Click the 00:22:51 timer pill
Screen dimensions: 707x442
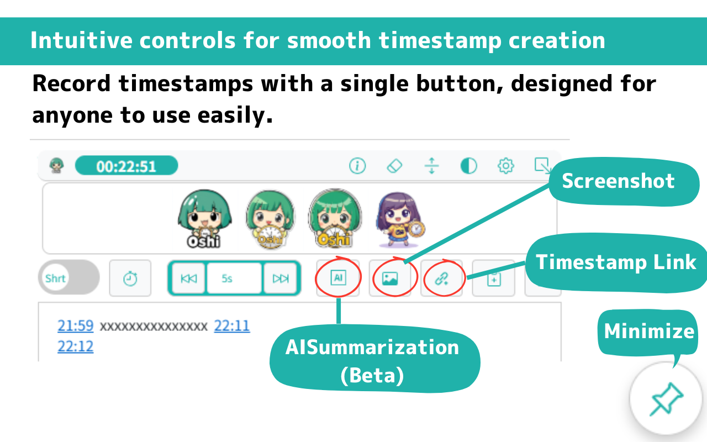tap(126, 165)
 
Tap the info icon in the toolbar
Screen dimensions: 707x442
tap(357, 166)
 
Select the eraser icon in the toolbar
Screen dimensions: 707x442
tap(394, 166)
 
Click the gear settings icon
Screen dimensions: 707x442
tap(505, 166)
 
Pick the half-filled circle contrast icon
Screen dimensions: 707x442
tap(469, 166)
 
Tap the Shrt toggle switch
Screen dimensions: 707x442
tap(69, 277)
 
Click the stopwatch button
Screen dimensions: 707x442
tap(130, 278)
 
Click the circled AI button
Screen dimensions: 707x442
tap(338, 278)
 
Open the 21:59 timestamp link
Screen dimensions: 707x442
tap(76, 325)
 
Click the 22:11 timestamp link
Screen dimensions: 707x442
tap(232, 325)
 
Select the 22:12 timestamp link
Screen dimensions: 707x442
tap(76, 346)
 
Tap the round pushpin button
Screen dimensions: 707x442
tap(666, 398)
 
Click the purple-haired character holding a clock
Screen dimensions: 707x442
tap(400, 219)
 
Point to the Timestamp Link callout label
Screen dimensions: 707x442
tap(616, 262)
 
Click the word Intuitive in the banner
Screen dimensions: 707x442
tap(81, 40)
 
